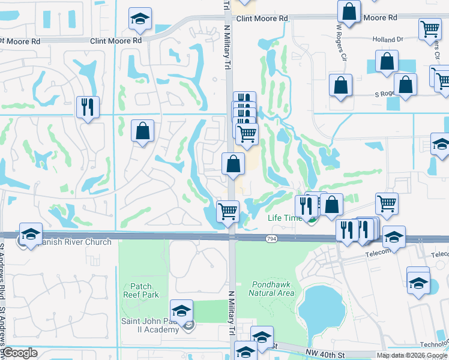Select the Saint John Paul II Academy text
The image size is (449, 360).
click(x=151, y=325)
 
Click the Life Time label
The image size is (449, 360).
click(x=285, y=218)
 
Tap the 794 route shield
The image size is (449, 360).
click(x=272, y=239)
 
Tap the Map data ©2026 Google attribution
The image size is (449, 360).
click(x=412, y=355)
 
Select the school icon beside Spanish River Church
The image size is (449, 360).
click(x=31, y=234)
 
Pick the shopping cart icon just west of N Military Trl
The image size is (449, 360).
click(x=228, y=211)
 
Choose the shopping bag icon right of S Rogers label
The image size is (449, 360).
click(x=406, y=84)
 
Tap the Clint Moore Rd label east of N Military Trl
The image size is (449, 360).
click(x=261, y=19)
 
